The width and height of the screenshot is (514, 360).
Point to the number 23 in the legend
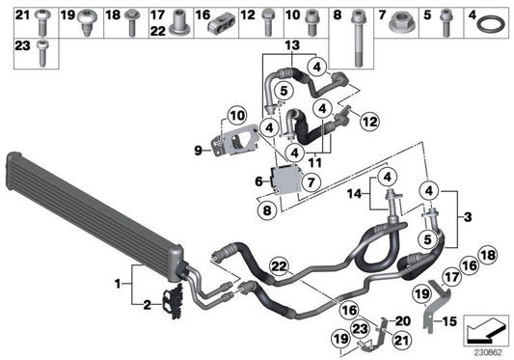tap(21, 44)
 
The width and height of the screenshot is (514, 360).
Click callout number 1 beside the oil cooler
tap(119, 285)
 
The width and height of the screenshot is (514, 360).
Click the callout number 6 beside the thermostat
tap(259, 180)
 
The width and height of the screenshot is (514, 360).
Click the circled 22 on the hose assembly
tap(279, 266)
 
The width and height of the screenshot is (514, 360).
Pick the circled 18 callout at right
tap(487, 254)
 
